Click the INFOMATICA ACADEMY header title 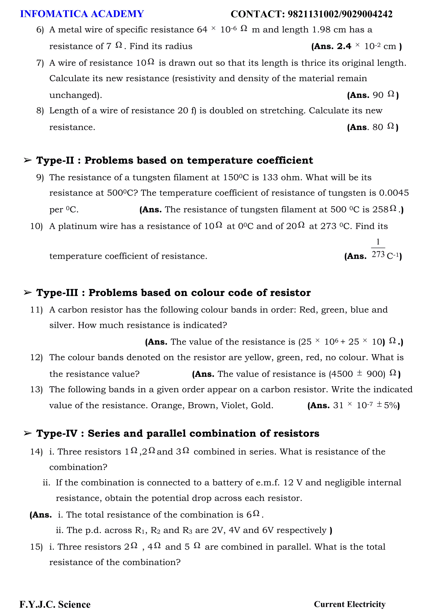point(82,14)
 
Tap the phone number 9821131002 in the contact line point(313,14)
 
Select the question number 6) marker point(40,30)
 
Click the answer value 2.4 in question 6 point(344,46)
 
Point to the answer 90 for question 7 point(378,95)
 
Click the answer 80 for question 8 point(378,127)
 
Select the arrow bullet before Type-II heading point(28,161)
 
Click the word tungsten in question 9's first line point(152,178)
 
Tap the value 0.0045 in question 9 point(394,193)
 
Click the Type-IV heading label point(57,433)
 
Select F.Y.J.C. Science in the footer point(55,605)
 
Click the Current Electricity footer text point(350,604)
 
